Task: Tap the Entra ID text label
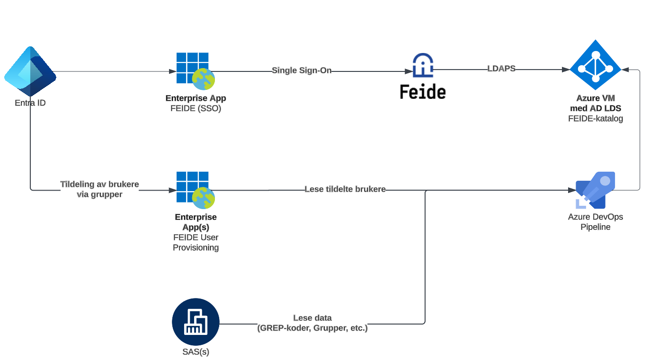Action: click(30, 103)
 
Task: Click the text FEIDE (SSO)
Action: click(196, 108)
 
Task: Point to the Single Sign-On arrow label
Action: click(302, 70)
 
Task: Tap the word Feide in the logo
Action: click(422, 91)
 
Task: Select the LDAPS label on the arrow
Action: click(501, 69)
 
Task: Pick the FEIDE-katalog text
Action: click(595, 119)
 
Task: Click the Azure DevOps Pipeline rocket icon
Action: click(595, 190)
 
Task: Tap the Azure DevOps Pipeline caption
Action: click(596, 222)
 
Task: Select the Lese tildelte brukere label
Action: click(345, 189)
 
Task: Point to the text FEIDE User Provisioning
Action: click(196, 242)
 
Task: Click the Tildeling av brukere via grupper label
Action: click(99, 189)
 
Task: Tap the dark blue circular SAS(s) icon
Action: click(196, 322)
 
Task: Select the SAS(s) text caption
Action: click(196, 352)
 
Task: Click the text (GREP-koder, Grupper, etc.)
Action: click(312, 328)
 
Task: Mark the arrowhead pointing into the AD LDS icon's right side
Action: click(625, 70)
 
